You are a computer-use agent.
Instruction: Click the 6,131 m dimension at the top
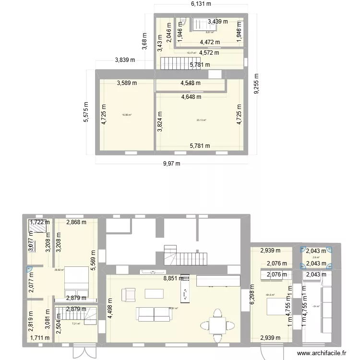202,4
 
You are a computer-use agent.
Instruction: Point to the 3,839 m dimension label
125,60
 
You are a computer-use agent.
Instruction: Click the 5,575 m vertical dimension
86,113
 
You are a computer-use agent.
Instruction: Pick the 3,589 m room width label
127,83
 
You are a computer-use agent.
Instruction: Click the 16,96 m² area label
127,115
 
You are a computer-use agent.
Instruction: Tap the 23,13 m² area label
201,120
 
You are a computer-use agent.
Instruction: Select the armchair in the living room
129,293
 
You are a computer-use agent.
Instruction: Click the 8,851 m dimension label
174,278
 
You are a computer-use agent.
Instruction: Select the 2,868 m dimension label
76,222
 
